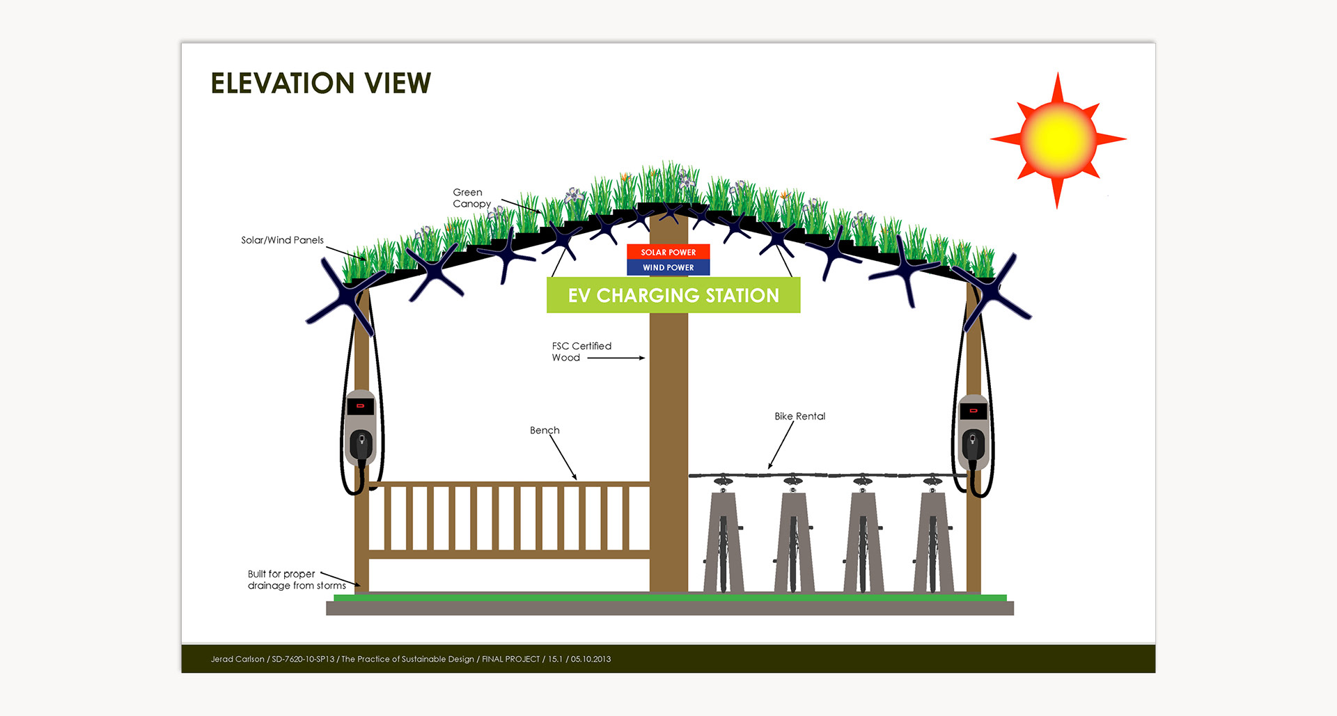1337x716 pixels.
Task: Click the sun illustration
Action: pyautogui.click(x=1057, y=139)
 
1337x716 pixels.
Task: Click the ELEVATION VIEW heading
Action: pyautogui.click(x=320, y=83)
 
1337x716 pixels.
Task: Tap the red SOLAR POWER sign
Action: pyautogui.click(x=668, y=252)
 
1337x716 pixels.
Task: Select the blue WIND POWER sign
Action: pyautogui.click(x=668, y=267)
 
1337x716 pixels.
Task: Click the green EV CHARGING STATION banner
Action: pyautogui.click(x=673, y=295)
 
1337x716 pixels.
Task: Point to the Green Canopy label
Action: pyautogui.click(x=471, y=198)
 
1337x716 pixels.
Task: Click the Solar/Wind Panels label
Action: pyautogui.click(x=282, y=240)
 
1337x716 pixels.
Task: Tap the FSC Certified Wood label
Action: pyautogui.click(x=581, y=351)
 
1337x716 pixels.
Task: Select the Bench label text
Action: pyautogui.click(x=544, y=430)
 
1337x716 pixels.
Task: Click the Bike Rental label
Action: pyautogui.click(x=799, y=416)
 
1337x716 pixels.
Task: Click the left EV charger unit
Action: pyautogui.click(x=361, y=428)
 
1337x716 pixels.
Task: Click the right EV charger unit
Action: pyautogui.click(x=973, y=431)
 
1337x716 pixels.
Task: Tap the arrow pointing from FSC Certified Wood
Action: pyautogui.click(x=616, y=358)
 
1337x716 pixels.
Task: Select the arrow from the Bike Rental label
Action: pyautogui.click(x=781, y=445)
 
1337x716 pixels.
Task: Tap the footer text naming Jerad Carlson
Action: pyautogui.click(x=410, y=659)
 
